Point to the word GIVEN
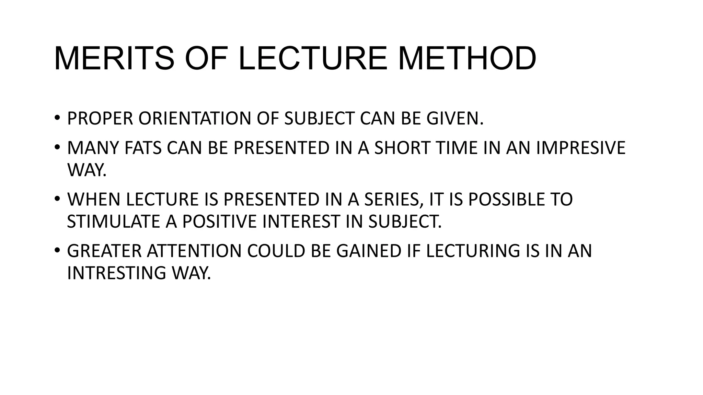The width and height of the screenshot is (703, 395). [454, 119]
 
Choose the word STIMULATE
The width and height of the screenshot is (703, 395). [113, 222]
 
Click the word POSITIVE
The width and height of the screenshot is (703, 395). [219, 222]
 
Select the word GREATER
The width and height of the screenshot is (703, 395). [104, 251]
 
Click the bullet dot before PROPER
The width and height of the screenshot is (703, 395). [57, 118]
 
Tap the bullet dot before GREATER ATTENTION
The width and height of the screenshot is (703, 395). [57, 250]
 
